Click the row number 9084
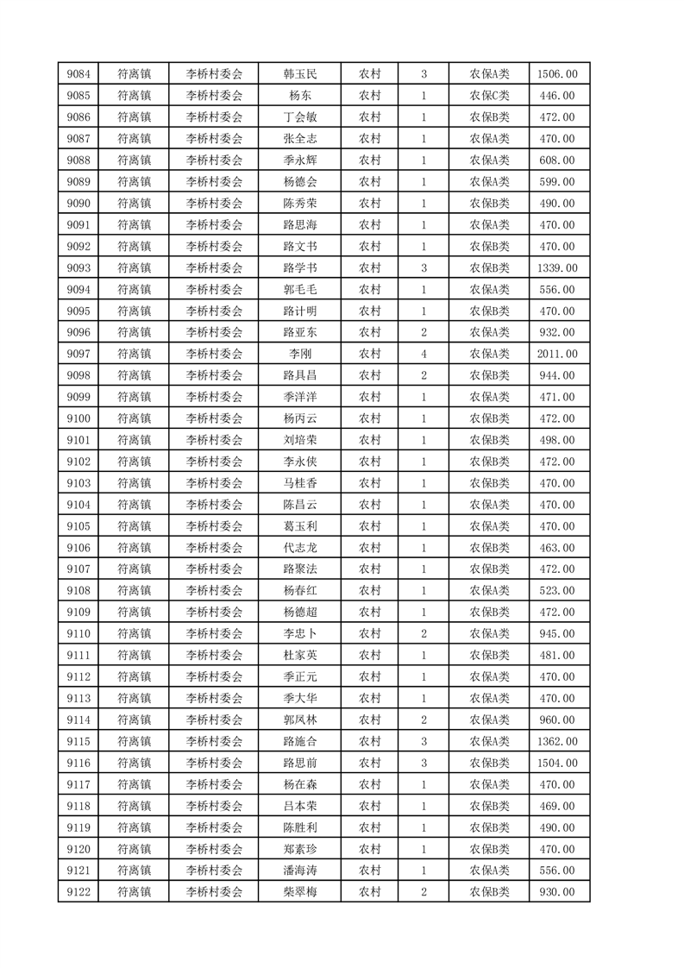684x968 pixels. tap(78, 74)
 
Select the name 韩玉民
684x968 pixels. tap(300, 74)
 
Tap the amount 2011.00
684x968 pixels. tap(557, 354)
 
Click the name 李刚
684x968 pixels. tap(300, 354)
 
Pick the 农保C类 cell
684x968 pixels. tap(489, 96)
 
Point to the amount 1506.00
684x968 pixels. tap(557, 74)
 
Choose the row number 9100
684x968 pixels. tap(78, 418)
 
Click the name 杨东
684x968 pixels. tap(300, 96)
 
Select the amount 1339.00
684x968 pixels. tap(557, 268)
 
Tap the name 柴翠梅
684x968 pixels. tap(300, 891)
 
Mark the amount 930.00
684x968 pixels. tap(557, 891)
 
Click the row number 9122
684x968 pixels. tap(78, 891)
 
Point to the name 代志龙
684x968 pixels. tap(300, 548)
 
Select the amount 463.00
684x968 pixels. tap(557, 548)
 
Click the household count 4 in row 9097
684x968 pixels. tap(424, 354)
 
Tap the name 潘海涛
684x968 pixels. tap(300, 870)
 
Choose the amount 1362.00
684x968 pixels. tap(557, 741)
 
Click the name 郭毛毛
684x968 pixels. tap(300, 290)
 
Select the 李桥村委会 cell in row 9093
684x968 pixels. tap(215, 268)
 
